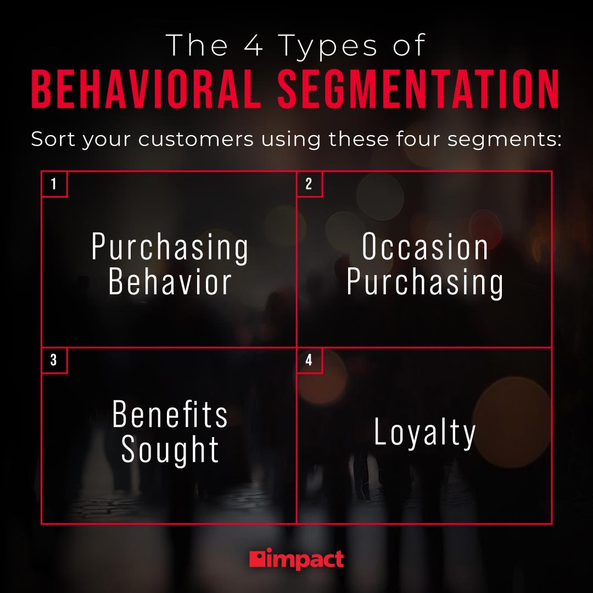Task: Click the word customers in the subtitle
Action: coord(196,139)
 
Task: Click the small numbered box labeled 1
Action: coord(54,184)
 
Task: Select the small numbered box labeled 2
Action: coord(309,184)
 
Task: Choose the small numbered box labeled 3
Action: coord(54,361)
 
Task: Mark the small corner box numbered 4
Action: coord(309,361)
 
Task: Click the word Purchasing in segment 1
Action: coord(170,248)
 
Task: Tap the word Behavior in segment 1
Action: coord(170,282)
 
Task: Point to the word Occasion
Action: coord(425,248)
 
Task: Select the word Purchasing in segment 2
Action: coord(425,283)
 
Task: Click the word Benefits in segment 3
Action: coord(170,415)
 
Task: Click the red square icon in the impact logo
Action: coord(257,559)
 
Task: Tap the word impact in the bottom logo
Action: coord(305,560)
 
